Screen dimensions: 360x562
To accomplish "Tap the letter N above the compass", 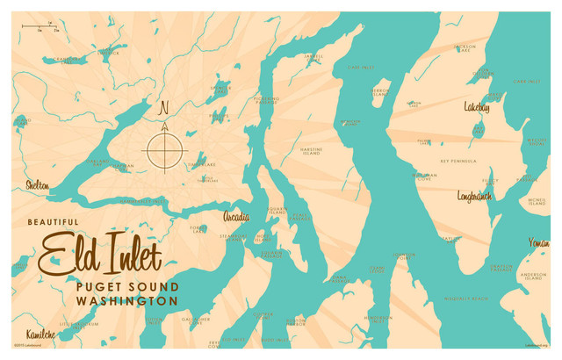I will (162, 109).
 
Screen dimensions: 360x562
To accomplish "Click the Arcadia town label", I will (235, 217).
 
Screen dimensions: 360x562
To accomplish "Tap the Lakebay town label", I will (478, 107).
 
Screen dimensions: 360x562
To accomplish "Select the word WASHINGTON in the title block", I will (127, 300).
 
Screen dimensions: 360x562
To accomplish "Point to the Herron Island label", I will (379, 91).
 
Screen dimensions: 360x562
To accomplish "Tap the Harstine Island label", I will (311, 151).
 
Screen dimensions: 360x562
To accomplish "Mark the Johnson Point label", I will (404, 256).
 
